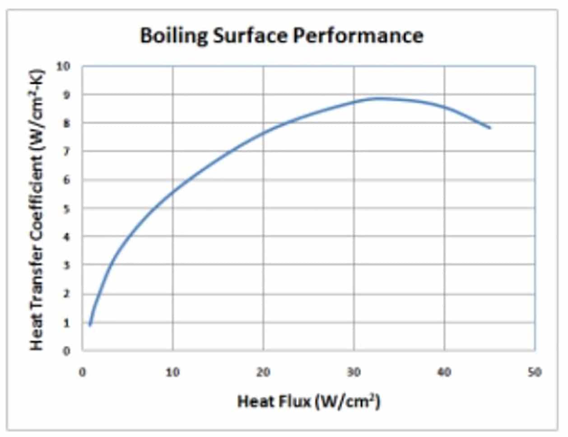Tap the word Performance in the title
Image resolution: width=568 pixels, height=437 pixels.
click(x=358, y=35)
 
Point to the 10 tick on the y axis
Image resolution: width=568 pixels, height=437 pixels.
click(x=64, y=66)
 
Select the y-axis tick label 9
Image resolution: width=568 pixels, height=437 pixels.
click(x=67, y=95)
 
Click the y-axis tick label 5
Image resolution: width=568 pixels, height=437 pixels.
click(x=67, y=209)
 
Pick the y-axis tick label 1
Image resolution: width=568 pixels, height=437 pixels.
click(x=67, y=323)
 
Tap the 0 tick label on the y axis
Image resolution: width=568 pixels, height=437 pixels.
click(x=67, y=351)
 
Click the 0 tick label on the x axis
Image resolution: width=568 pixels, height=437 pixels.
click(x=82, y=372)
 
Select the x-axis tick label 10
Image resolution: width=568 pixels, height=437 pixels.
click(x=172, y=372)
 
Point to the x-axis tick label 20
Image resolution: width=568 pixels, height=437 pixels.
click(x=263, y=372)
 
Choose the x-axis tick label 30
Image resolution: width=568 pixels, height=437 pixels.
click(x=354, y=372)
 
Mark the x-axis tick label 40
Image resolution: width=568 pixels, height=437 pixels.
click(x=444, y=372)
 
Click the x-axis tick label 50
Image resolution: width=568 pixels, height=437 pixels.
click(x=535, y=372)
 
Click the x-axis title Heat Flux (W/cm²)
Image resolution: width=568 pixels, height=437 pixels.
click(x=309, y=401)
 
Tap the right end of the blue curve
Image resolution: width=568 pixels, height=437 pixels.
click(x=490, y=128)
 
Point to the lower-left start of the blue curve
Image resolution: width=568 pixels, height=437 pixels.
click(x=90, y=324)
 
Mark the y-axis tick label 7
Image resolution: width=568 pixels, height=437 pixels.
click(x=67, y=152)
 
